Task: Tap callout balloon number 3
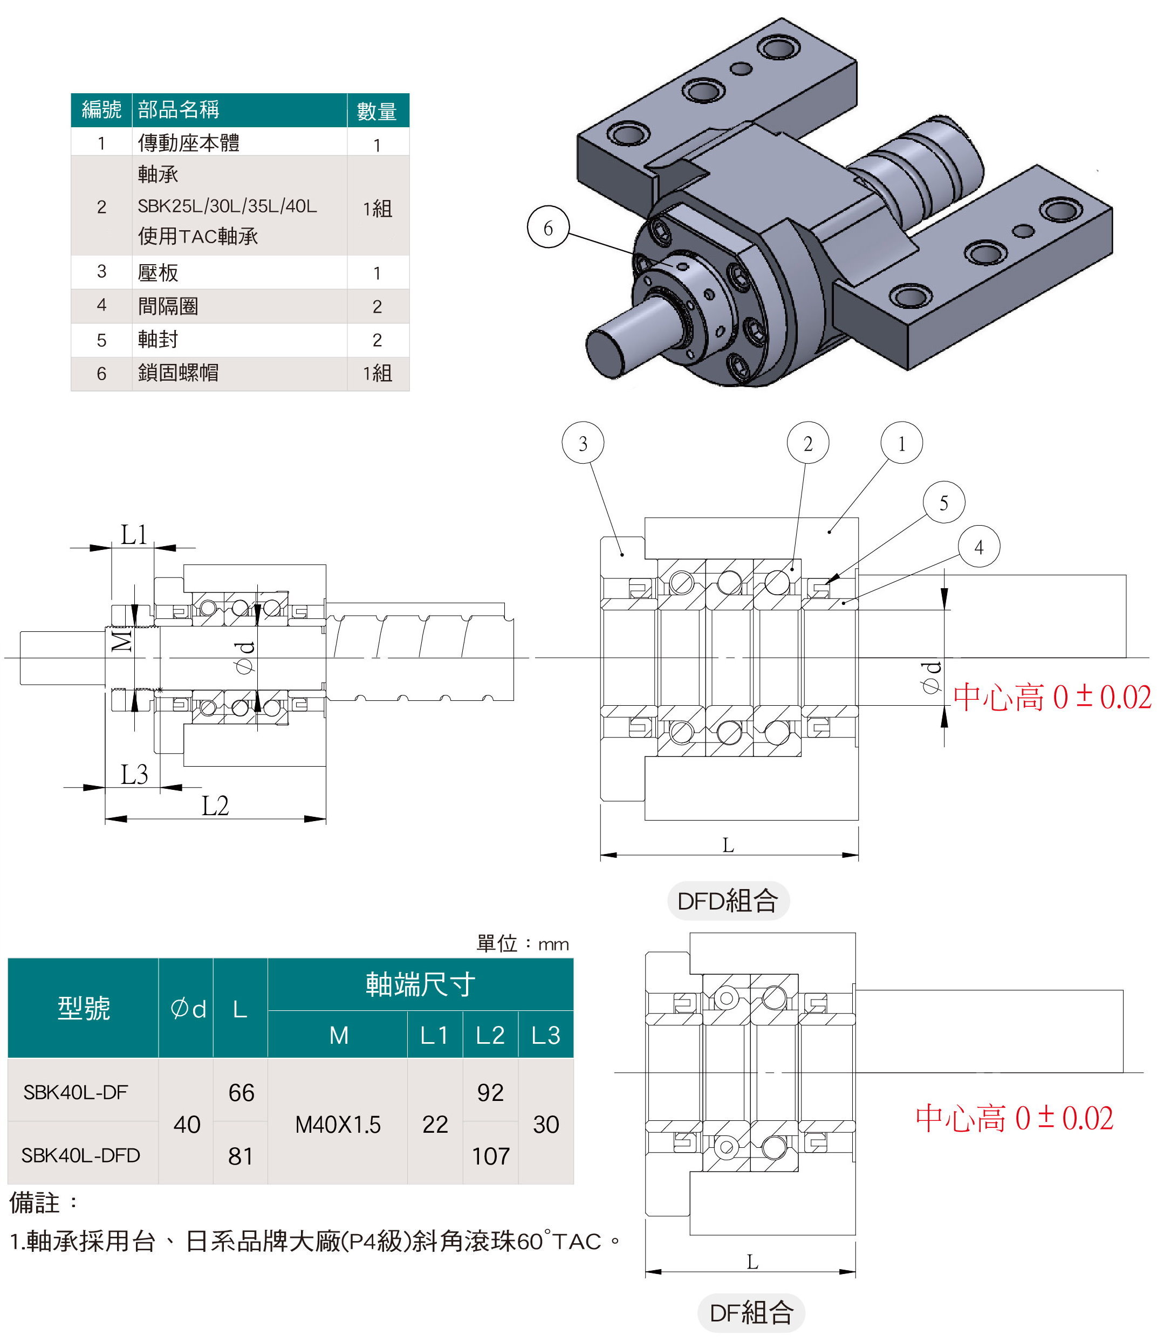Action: pos(583,443)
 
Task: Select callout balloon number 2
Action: pos(807,443)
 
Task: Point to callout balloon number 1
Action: pos(901,443)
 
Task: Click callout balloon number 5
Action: pos(943,502)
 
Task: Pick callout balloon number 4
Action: pos(978,546)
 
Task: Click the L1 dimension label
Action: pos(134,535)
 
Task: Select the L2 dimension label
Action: pos(215,805)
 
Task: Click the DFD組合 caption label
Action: pos(728,900)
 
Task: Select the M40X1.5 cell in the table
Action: pos(337,1125)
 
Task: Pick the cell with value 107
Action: pos(490,1156)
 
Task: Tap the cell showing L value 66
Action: pos(241,1093)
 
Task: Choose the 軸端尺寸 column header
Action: pos(420,984)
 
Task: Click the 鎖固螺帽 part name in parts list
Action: pos(179,373)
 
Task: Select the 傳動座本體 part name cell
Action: pos(189,142)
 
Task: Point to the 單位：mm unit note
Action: pos(522,943)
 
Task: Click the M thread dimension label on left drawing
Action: pos(121,641)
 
